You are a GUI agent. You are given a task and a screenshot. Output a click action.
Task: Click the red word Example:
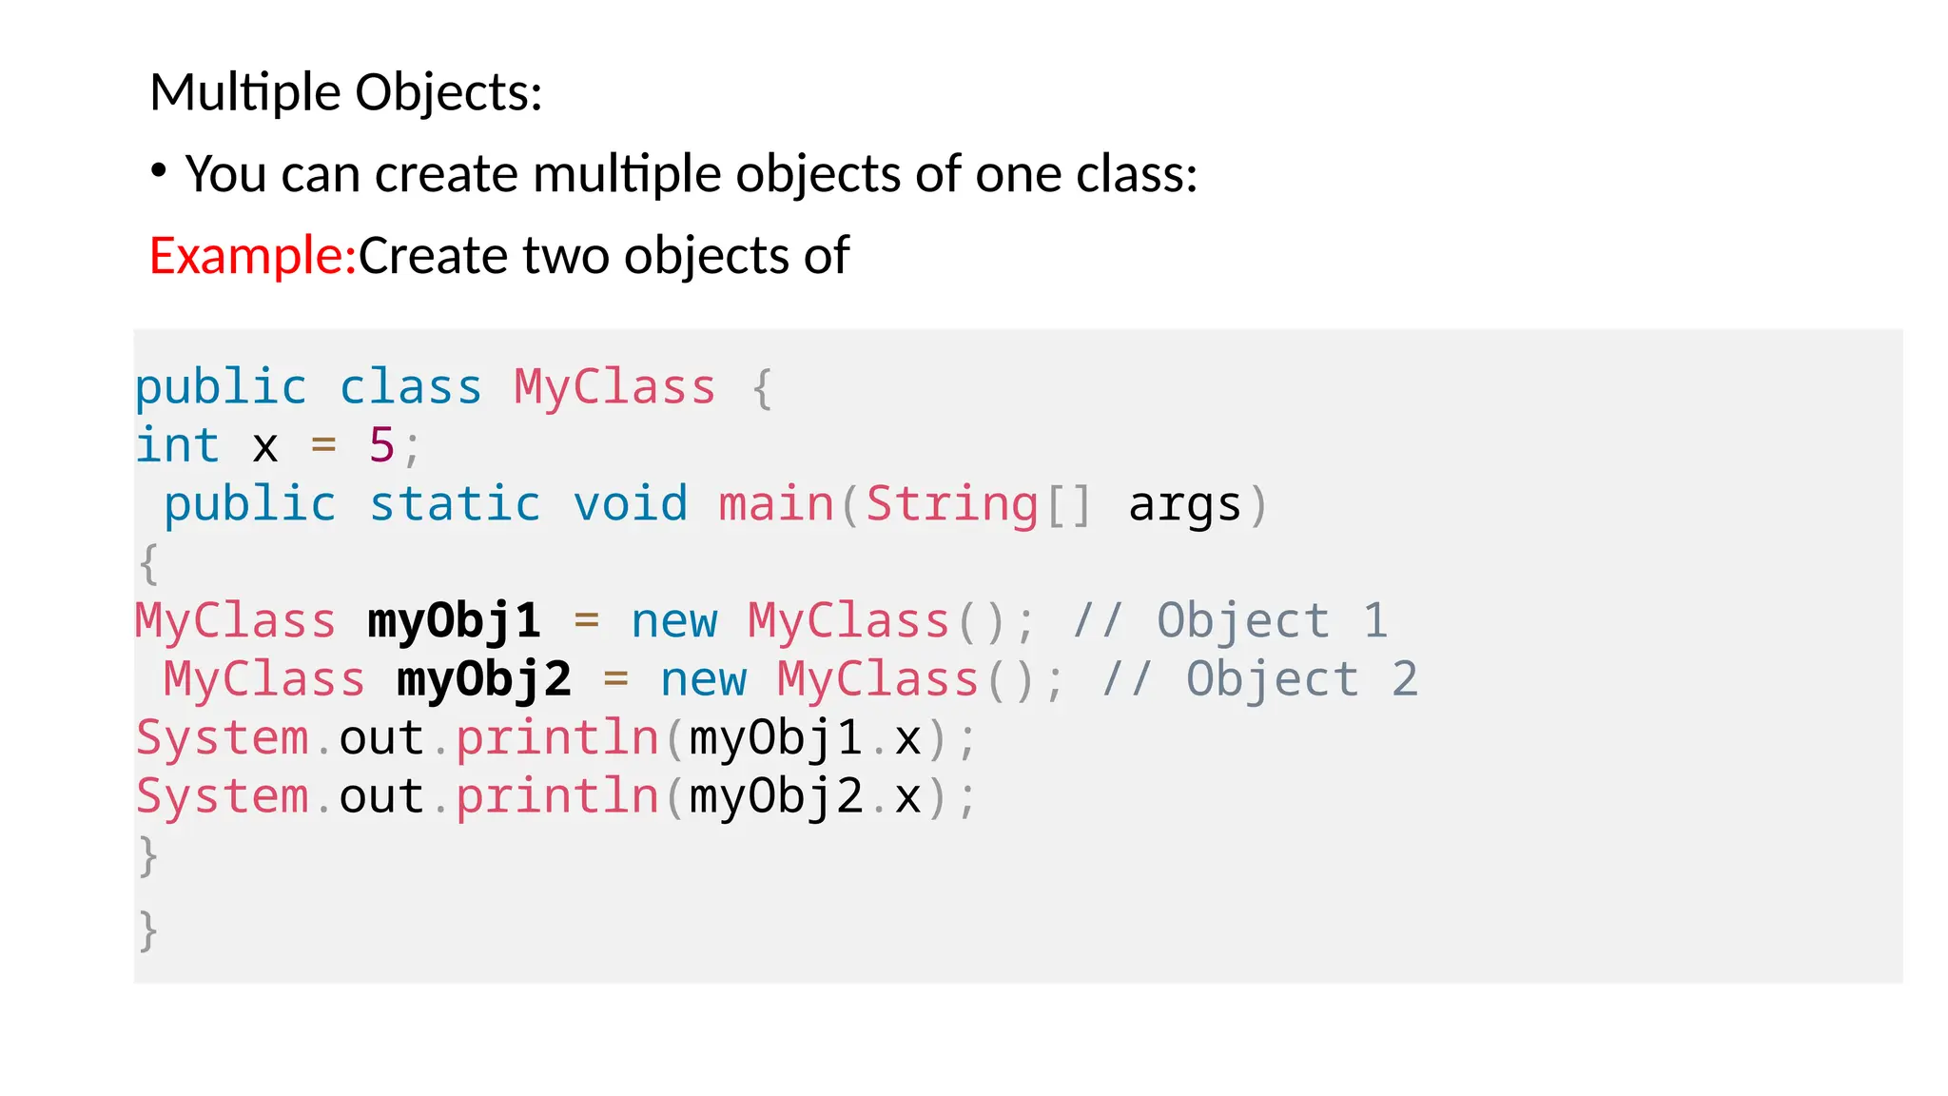[252, 256]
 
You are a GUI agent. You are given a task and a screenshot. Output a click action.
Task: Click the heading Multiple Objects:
[346, 93]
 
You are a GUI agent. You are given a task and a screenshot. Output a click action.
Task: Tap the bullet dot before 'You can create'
[159, 171]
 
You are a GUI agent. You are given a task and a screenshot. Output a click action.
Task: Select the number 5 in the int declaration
[381, 445]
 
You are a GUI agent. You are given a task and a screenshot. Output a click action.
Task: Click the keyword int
[178, 445]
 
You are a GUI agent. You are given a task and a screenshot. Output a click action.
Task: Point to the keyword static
[455, 504]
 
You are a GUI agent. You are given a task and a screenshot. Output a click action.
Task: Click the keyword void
[630, 504]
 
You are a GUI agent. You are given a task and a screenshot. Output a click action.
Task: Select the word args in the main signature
[1184, 504]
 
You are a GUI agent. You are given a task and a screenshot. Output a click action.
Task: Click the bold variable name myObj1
[455, 621]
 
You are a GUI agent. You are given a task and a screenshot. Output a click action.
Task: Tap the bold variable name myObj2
[484, 679]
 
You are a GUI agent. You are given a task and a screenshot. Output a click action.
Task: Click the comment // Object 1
[1230, 621]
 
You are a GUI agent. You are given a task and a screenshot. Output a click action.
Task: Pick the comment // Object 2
[1259, 679]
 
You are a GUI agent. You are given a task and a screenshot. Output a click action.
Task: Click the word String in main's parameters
[951, 504]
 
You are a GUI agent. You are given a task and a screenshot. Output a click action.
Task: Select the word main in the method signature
[776, 504]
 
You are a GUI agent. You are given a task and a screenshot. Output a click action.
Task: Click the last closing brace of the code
[147, 930]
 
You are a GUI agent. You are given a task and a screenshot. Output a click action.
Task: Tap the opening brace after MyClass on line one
[761, 388]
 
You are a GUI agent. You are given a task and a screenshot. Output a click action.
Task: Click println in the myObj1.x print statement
[557, 738]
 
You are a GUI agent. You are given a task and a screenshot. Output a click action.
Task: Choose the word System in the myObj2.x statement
[223, 796]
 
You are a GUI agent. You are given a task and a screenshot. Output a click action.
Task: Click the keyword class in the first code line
[411, 388]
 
